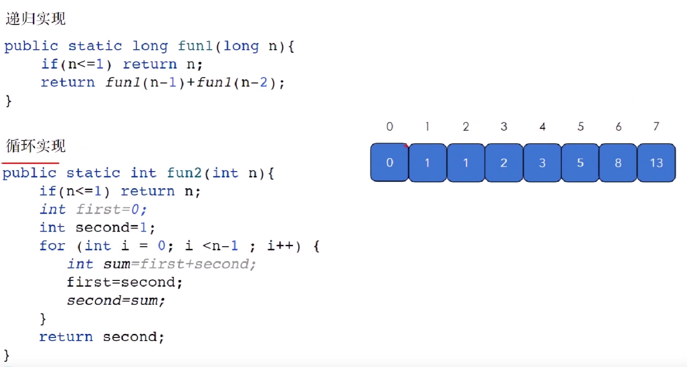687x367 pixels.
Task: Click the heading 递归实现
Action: click(x=36, y=19)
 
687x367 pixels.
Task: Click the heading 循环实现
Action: click(x=36, y=146)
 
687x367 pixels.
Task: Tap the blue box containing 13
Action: click(x=656, y=163)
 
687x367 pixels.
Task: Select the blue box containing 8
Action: click(x=618, y=163)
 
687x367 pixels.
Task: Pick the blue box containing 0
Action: click(x=390, y=162)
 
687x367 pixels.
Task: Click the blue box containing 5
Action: click(x=580, y=163)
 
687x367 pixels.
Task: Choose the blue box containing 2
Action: click(x=504, y=163)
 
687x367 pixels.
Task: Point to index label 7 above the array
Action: click(x=656, y=126)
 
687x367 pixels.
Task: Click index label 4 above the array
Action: click(x=542, y=126)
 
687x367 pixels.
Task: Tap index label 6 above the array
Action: click(x=618, y=126)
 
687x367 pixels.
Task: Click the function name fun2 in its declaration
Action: click(x=184, y=173)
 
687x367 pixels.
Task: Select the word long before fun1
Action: click(x=150, y=46)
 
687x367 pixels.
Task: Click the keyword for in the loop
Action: click(x=52, y=246)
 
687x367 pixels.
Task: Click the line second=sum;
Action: click(x=116, y=301)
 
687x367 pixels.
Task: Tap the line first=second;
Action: click(x=124, y=282)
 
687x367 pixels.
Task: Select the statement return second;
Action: click(x=102, y=337)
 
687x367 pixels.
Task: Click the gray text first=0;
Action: click(x=111, y=209)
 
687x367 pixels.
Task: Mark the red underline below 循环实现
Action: click(x=30, y=163)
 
